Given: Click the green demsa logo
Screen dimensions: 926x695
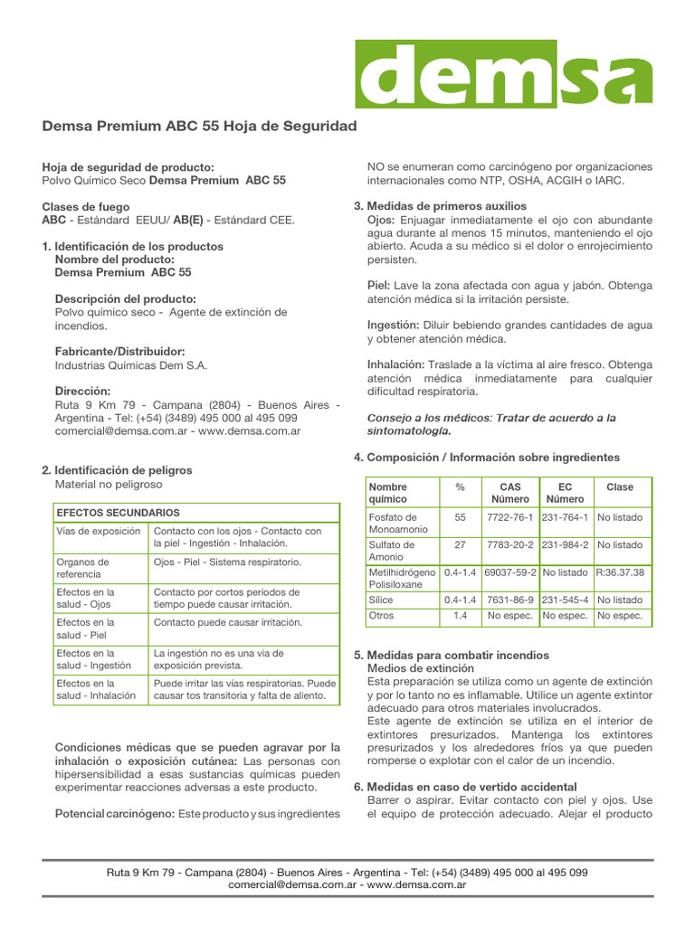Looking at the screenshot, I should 503,74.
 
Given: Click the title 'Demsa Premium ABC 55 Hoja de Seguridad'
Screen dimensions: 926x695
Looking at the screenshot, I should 200,126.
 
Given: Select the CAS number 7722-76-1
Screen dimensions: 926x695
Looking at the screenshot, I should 509,518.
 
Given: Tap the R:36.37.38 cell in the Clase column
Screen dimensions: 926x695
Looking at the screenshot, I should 620,573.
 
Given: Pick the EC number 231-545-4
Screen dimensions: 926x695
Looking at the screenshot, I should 565,600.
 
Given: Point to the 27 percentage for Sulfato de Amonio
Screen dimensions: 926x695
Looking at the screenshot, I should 460,545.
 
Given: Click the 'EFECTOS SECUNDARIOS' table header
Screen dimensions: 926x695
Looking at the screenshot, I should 118,513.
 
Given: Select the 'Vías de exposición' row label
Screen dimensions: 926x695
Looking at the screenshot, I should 99,532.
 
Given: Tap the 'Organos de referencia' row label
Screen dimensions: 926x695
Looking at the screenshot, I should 83,568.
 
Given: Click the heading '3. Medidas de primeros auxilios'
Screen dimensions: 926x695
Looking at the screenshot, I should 439,206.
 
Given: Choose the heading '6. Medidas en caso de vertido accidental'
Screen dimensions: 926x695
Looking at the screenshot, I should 464,788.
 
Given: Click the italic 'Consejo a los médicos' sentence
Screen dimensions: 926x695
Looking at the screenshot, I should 490,424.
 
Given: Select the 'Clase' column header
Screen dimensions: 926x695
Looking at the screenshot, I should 620,487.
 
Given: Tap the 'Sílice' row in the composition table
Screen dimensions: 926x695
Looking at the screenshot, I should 380,600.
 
